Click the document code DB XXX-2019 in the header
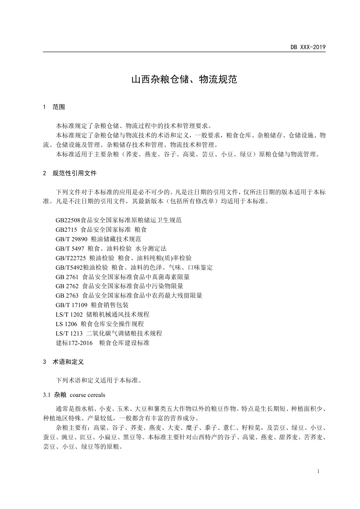coord(308,47)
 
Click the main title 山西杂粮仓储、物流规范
coord(184,79)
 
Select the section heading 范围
coord(59,107)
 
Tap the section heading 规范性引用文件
coord(75,173)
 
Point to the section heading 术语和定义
coord(68,362)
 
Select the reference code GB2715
coord(66,230)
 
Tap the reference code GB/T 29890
coord(72,239)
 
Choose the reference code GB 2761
coord(67,277)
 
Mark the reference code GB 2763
coord(67,295)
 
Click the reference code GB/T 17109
coord(72,305)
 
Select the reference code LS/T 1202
coord(69,314)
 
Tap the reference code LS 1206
coord(66,324)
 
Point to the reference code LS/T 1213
coord(69,333)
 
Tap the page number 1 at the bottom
coord(318,471)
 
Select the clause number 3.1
coord(47,395)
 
